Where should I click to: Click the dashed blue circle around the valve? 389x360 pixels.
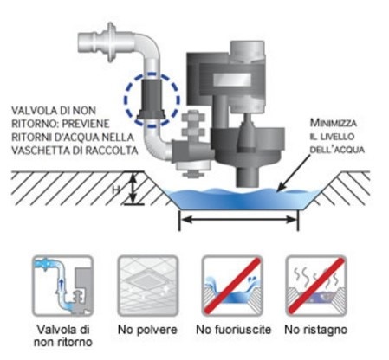[125, 100]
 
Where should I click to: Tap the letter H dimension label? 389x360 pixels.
[116, 190]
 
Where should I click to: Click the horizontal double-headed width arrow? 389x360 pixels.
[239, 220]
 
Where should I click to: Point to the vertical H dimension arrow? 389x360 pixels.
[133, 188]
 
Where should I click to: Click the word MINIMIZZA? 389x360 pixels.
[334, 123]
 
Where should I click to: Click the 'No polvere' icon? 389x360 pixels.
[147, 286]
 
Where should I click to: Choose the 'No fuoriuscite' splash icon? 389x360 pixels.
[232, 286]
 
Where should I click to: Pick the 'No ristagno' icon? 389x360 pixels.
[316, 286]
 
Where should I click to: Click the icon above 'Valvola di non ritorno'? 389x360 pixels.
[62, 286]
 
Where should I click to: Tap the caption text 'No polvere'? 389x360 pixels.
[147, 330]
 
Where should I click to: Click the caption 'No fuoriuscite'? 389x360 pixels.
[233, 330]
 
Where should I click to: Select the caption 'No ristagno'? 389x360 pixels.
[315, 330]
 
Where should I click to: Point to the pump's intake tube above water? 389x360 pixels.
[247, 177]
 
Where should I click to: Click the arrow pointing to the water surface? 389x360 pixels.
[294, 172]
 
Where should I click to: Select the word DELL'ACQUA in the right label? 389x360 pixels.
[337, 150]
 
